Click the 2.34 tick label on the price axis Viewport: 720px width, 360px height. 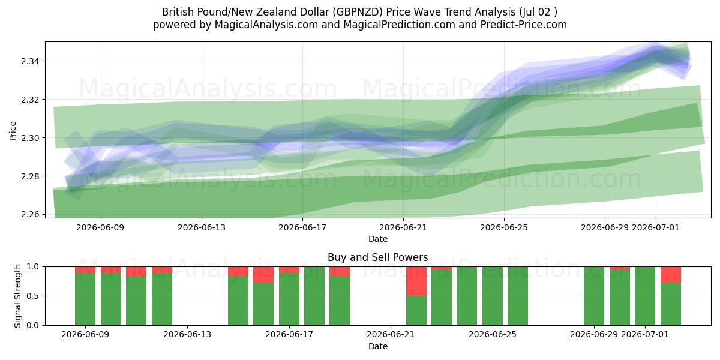coord(30,61)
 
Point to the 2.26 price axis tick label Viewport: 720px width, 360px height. coord(30,214)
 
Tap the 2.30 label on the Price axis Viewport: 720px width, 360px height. coord(30,138)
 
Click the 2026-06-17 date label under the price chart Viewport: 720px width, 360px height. coord(302,227)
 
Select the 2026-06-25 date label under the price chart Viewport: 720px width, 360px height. coord(504,227)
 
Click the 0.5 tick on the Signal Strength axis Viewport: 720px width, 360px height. coord(33,296)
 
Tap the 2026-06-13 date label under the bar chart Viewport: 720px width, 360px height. coord(187,334)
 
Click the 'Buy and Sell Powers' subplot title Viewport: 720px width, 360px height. coord(377,257)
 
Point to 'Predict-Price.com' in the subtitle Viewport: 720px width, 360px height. coord(524,25)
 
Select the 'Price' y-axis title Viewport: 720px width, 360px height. coord(13,131)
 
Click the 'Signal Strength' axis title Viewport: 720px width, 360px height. coord(17,296)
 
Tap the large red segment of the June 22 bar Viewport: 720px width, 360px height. coord(416,281)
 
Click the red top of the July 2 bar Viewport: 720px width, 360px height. coord(671,275)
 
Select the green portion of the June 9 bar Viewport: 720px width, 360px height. coord(85,299)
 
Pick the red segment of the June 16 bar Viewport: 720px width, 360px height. coord(263,275)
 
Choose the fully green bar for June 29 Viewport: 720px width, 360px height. coord(594,296)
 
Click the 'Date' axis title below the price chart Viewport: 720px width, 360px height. coord(377,239)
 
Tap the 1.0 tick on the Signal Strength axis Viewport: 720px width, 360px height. coord(33,267)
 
